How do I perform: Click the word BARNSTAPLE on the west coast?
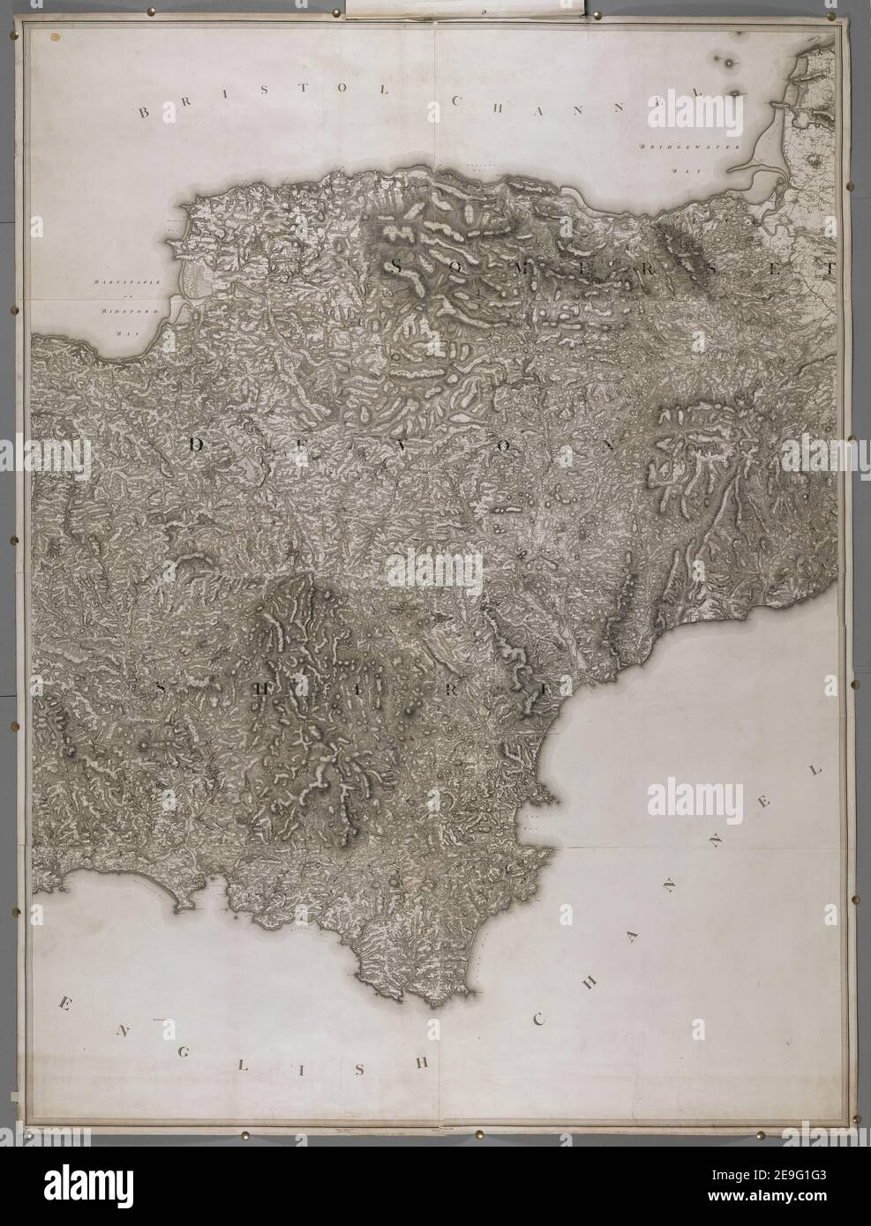[x=113, y=282]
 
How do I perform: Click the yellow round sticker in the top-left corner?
[x=56, y=38]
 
